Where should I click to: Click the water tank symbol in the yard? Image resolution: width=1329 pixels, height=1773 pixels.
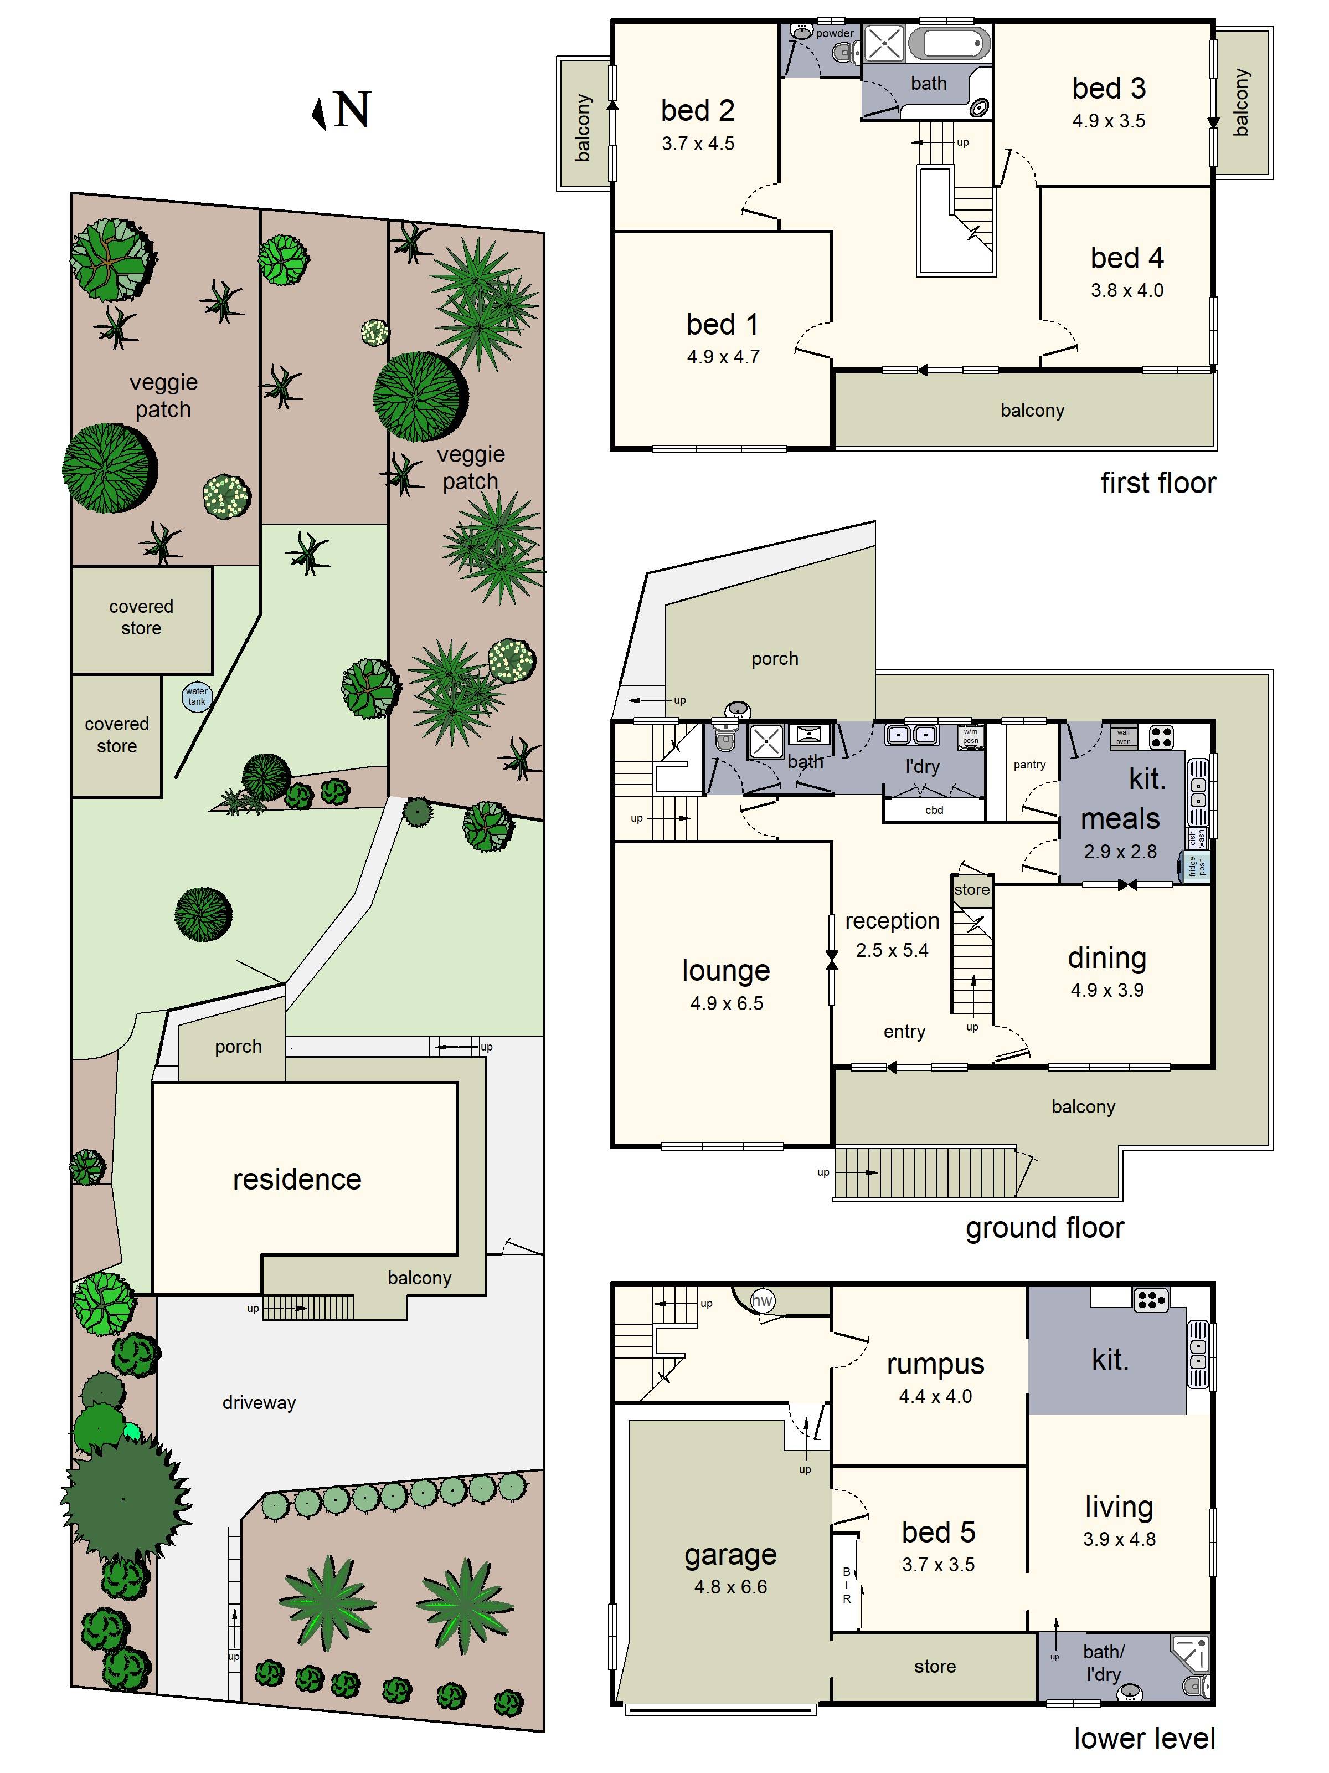(196, 696)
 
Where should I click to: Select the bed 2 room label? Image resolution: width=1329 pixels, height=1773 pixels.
(697, 111)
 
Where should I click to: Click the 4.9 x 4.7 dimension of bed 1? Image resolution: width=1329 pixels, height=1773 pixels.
(723, 357)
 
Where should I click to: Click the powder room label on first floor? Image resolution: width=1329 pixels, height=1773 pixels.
(834, 33)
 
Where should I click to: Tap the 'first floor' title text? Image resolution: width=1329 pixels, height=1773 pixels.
(1157, 483)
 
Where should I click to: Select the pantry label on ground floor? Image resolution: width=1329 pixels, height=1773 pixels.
(1029, 765)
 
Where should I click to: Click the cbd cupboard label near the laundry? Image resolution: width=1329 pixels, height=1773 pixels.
(934, 811)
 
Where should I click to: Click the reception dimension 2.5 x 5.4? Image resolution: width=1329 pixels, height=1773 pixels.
(892, 951)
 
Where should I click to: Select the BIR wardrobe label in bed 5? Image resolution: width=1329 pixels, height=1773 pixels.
(846, 1585)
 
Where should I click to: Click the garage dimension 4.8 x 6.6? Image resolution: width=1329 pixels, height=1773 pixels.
(730, 1587)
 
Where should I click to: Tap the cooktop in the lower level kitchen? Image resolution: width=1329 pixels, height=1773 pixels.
(1150, 1300)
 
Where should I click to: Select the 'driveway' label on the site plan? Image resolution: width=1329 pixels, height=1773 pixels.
(259, 1403)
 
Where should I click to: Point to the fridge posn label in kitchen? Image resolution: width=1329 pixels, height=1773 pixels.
(1197, 867)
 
